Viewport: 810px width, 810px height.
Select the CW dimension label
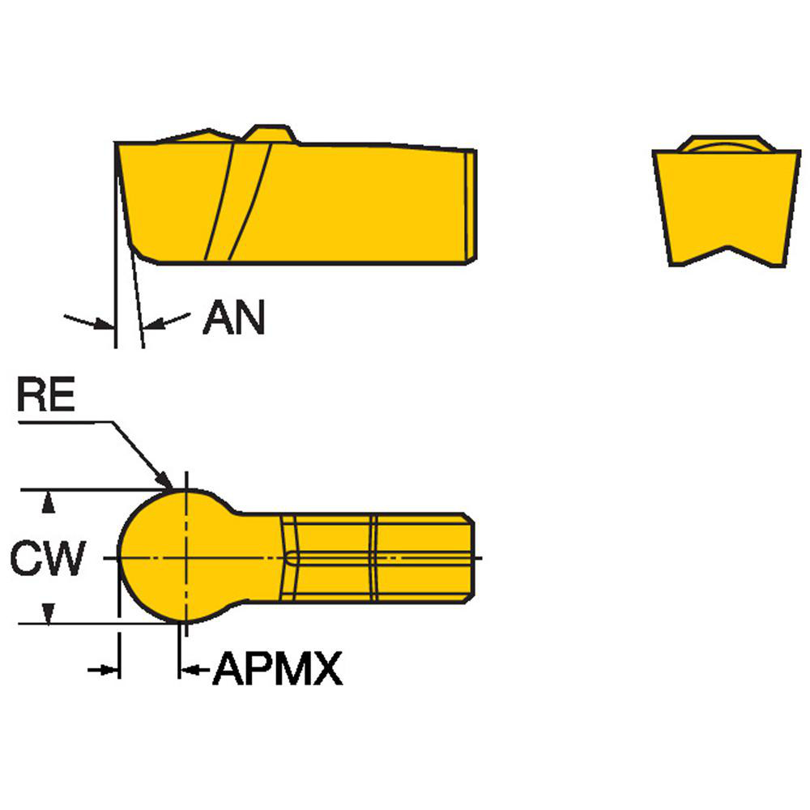[47, 558]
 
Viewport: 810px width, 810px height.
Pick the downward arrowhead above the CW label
[49, 504]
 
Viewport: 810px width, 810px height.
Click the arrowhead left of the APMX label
[188, 669]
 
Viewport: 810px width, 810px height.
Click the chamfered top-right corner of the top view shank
[467, 518]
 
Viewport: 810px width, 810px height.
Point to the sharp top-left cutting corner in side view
[118, 144]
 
